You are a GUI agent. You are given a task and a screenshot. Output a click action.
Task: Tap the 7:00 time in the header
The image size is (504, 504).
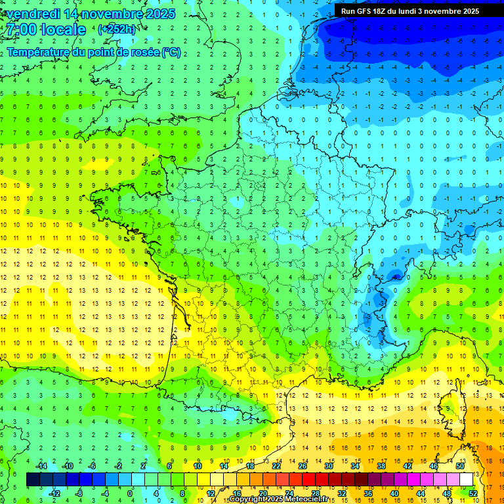point(21,30)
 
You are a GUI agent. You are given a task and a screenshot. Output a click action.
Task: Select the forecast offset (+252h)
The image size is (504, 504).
point(116,30)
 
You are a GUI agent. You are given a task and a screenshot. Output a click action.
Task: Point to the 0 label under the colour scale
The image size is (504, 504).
point(130,493)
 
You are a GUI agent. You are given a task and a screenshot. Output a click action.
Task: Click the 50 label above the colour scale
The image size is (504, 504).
point(459,466)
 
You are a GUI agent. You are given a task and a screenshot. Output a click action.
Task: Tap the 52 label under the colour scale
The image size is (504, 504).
point(473,493)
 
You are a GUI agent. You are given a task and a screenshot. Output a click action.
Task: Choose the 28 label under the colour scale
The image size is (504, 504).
point(315,493)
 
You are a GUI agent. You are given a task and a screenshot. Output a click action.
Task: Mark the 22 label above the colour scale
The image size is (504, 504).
point(276,466)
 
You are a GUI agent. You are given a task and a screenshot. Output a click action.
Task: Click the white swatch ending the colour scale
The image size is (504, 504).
point(467,480)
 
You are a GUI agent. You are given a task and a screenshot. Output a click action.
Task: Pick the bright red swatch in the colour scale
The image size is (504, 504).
point(309,480)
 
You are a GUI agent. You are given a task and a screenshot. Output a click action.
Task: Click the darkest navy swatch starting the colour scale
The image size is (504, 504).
point(33,480)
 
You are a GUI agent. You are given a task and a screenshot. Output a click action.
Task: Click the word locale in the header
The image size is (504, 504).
point(63,30)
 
